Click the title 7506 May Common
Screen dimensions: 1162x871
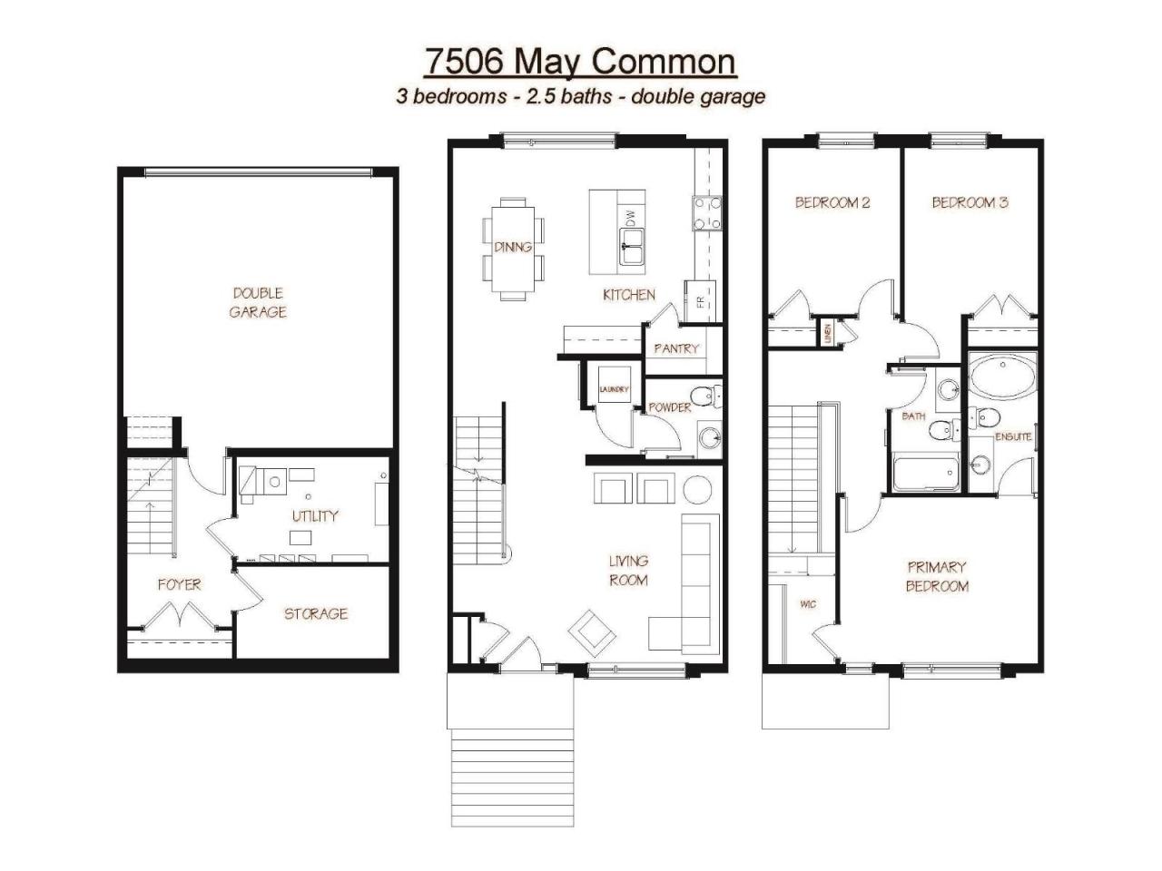click(580, 63)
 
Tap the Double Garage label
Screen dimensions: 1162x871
click(258, 302)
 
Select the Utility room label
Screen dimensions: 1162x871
click(315, 515)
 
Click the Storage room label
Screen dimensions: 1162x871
click(316, 613)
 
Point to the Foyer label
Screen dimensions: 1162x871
click(180, 584)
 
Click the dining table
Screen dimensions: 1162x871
click(513, 249)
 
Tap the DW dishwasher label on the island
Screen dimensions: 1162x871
click(631, 218)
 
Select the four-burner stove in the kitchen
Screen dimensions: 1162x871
click(707, 213)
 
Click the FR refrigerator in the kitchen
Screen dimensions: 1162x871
click(700, 301)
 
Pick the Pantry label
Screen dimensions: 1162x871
click(676, 348)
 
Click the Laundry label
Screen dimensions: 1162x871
click(614, 389)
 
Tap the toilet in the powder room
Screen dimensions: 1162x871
click(706, 396)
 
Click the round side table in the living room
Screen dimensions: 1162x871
click(697, 489)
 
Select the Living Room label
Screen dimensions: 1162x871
click(628, 571)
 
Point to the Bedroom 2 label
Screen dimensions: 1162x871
click(832, 202)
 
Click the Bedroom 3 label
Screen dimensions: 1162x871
click(970, 202)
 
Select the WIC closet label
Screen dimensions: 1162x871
click(808, 604)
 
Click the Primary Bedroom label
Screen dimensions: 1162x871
click(937, 576)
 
